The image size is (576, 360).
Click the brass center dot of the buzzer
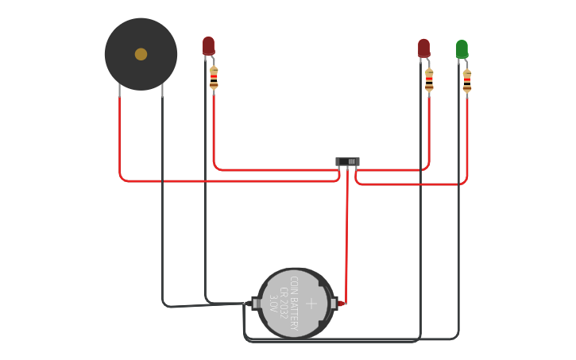pos(141,54)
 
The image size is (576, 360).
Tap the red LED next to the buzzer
pos(208,45)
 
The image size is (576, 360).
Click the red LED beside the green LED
pos(423,48)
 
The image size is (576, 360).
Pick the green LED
pos(462,48)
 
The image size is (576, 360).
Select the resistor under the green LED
pos(467,81)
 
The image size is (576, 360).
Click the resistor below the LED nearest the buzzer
pos(214,78)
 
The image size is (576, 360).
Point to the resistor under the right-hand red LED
pos(429,80)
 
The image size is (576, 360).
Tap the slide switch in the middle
pos(347,161)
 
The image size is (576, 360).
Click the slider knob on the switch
pos(352,161)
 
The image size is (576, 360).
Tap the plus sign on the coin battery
pos(311,303)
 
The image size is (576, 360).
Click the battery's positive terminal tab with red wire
pos(334,303)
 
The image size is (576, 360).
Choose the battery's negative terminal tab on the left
pos(255,303)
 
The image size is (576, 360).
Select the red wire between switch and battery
pos(346,238)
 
